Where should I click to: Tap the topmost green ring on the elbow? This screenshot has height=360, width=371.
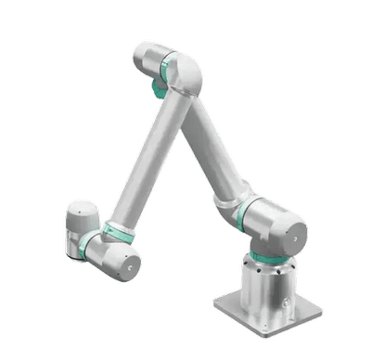(x=167, y=67)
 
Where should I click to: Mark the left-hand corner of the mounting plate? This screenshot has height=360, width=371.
(x=214, y=305)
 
